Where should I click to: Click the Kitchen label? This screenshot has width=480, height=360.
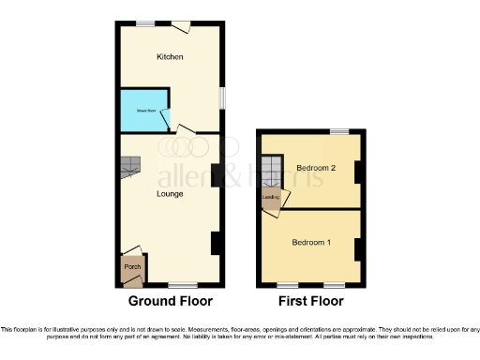[170, 57]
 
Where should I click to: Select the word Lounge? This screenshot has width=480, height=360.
[170, 194]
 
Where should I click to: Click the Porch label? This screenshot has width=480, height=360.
[132, 266]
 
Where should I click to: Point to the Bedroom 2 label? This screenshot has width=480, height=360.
[316, 168]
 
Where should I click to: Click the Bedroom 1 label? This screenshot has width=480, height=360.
[310, 243]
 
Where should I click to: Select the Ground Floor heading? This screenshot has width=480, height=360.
[170, 302]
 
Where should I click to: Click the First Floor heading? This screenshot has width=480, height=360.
[310, 302]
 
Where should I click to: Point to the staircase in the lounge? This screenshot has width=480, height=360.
[129, 167]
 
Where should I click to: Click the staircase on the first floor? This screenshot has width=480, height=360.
[271, 172]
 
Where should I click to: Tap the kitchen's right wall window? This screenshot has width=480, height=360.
[222, 98]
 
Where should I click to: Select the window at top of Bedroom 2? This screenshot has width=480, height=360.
[338, 131]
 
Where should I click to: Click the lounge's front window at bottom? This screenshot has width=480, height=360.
[183, 284]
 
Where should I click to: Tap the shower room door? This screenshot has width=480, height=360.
[165, 119]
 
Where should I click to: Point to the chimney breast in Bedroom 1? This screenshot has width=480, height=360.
[357, 249]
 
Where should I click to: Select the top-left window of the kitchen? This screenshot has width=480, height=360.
[145, 22]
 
